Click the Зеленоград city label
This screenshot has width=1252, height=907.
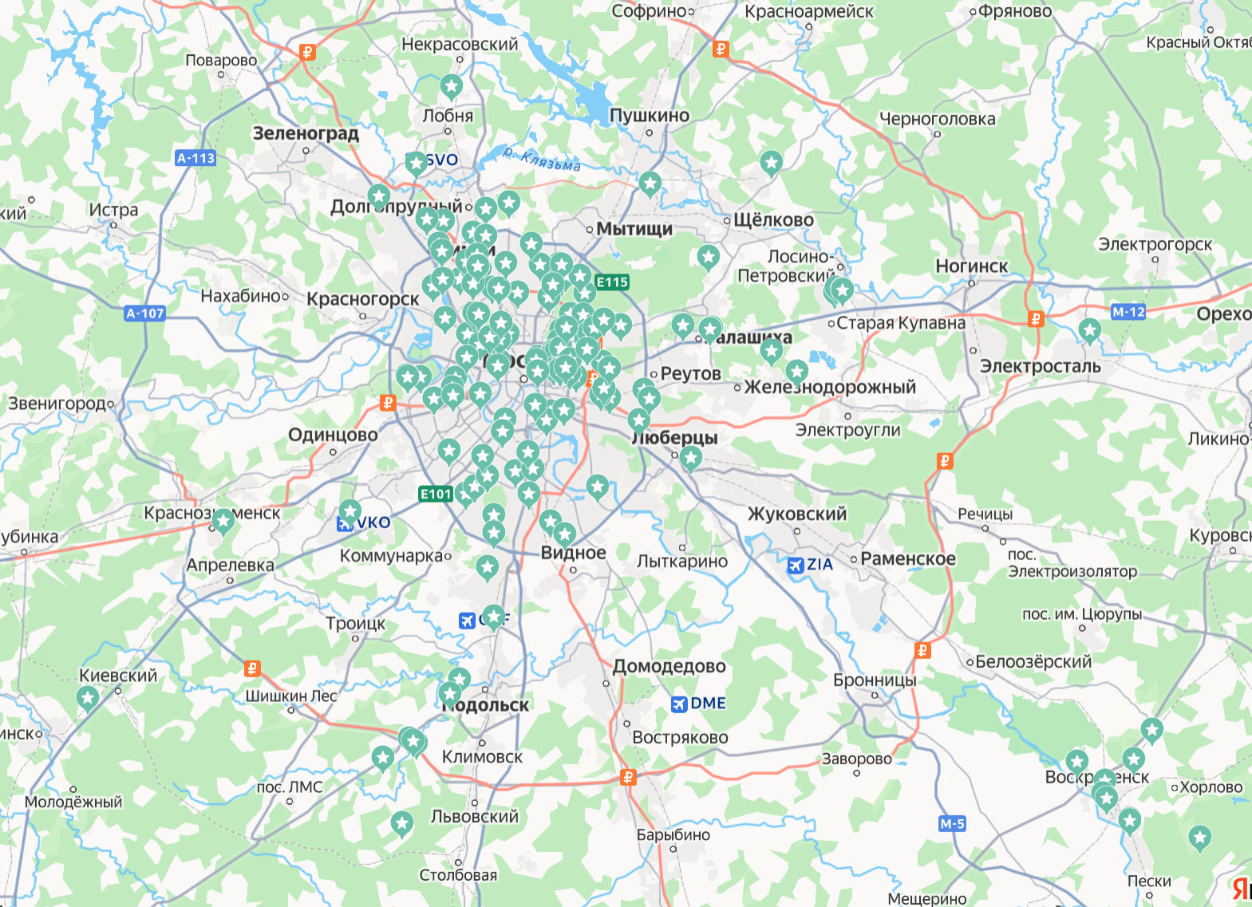coord(306,133)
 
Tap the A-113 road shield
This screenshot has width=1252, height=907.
coord(196,158)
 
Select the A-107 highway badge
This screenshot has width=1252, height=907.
coord(145,314)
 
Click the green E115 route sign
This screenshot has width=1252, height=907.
coord(612,282)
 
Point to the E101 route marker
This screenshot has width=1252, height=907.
coord(436,494)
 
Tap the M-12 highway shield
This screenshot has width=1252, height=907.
coord(1128,312)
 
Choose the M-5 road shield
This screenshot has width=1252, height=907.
coord(952,824)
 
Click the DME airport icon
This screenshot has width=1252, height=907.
coord(679,704)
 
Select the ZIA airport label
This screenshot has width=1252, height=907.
coord(820,564)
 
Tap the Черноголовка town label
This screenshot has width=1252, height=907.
coord(937,119)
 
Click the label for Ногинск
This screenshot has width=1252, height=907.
coord(971,266)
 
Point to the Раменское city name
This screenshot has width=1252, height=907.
coord(907,558)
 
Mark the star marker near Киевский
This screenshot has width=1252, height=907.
coord(87,699)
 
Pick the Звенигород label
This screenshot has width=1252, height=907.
coord(56,404)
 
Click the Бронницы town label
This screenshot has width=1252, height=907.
coord(875,680)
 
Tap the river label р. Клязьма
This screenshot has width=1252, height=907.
coord(542,159)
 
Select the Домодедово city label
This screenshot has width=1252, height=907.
coord(669,666)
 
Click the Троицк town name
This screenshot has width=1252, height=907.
coord(355,623)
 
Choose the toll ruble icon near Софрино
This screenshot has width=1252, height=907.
coord(721,49)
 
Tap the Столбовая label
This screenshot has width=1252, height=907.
coord(458,875)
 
